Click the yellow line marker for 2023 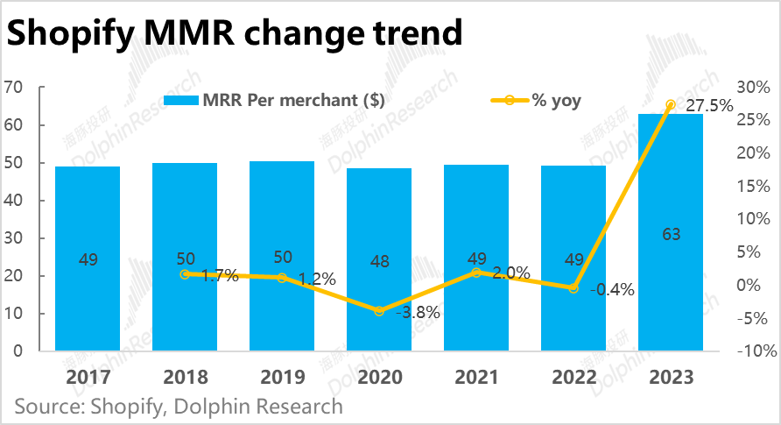coord(671,105)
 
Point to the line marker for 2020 coord(379,311)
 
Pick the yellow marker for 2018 coord(185,274)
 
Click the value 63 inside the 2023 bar coord(671,235)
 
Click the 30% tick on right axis coord(752,87)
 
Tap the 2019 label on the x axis coord(282,378)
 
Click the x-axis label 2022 coord(573,378)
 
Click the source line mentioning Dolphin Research coord(179,407)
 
